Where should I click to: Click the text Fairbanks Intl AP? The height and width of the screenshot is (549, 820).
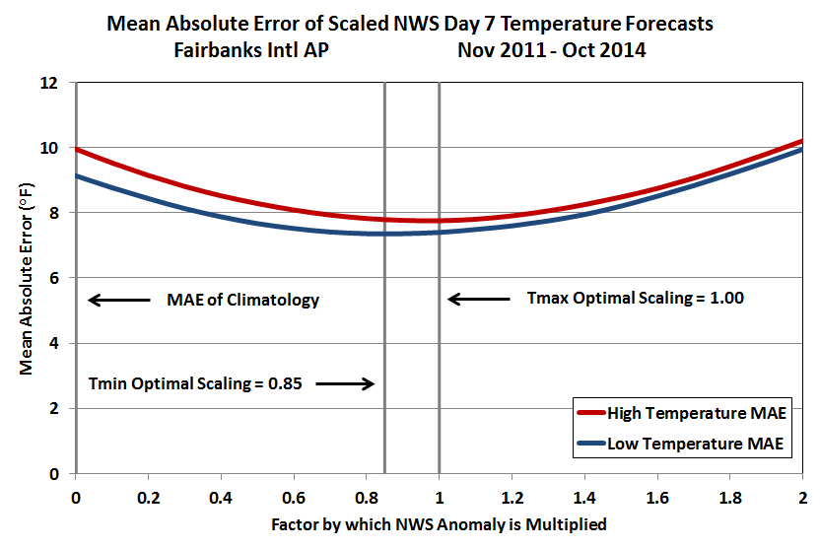coord(243,49)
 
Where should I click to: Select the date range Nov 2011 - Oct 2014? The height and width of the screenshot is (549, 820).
coord(551,49)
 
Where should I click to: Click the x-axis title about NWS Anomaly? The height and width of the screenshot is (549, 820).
coord(439,524)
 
